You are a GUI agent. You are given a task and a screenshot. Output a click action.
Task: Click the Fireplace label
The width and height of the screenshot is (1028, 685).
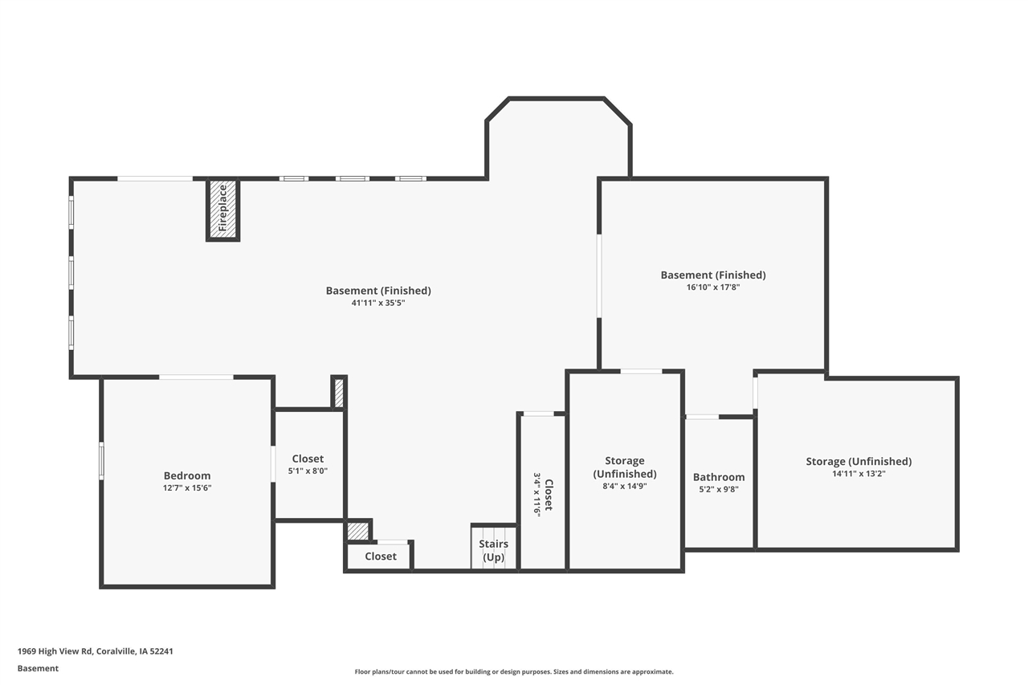point(223,208)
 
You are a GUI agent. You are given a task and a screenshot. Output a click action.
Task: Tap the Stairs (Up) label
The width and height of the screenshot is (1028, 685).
point(494,550)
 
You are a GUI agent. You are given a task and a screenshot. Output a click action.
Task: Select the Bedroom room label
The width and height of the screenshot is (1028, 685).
point(187,475)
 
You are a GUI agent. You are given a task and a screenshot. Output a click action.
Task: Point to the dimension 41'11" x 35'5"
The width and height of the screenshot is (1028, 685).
point(377,303)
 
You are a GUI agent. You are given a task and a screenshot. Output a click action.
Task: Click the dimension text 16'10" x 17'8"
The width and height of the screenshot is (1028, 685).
point(712,287)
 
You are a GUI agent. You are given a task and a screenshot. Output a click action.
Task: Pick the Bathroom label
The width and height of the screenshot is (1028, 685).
point(719,477)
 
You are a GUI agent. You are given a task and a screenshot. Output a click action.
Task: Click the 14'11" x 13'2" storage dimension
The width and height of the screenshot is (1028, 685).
point(859,474)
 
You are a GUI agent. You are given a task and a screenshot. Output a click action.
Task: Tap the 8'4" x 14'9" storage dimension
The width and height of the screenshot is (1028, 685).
point(624,486)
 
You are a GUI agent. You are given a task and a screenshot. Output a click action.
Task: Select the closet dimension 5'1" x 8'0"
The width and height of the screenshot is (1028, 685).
point(308,471)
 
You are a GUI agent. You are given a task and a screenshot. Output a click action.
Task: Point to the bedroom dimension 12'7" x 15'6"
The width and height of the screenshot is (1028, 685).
point(187,487)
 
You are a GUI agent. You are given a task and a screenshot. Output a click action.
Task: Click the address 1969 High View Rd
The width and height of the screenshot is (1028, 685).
point(95,651)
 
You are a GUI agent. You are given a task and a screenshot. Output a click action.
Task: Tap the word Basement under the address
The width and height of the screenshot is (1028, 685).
point(38,668)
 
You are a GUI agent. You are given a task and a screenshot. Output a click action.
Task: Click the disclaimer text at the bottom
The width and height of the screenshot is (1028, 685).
point(514,671)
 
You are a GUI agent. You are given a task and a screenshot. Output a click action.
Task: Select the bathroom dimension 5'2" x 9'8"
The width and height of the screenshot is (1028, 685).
point(719,489)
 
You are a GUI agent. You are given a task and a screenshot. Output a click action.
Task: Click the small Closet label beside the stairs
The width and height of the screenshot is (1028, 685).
point(381,556)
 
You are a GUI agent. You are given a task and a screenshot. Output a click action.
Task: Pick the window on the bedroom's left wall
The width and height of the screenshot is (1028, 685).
point(101,461)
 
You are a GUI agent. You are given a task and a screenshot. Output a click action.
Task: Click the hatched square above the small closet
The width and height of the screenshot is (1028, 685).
point(358,531)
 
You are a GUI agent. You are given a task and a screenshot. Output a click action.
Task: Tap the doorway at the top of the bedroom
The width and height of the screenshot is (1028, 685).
point(196,377)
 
